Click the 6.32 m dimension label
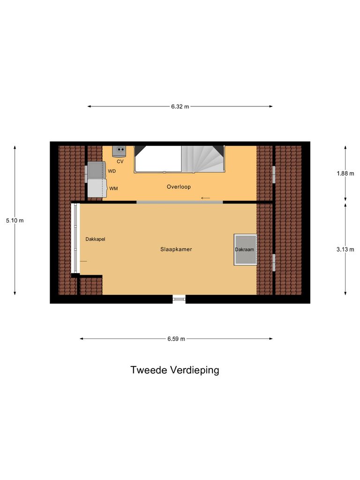[180, 106]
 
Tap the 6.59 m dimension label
[176, 339]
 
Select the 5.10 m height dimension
[15, 220]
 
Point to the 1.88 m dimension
[345, 173]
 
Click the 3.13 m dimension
[345, 249]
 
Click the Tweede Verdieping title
[175, 370]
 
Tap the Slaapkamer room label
[176, 249]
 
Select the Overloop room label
[179, 187]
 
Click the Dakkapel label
[95, 239]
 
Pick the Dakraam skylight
[245, 249]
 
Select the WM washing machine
[97, 187]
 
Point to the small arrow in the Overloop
[205, 198]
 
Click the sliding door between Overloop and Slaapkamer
[180, 202]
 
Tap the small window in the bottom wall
[179, 298]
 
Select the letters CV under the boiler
[120, 161]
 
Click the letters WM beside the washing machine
[113, 188]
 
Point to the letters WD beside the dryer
[112, 171]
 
